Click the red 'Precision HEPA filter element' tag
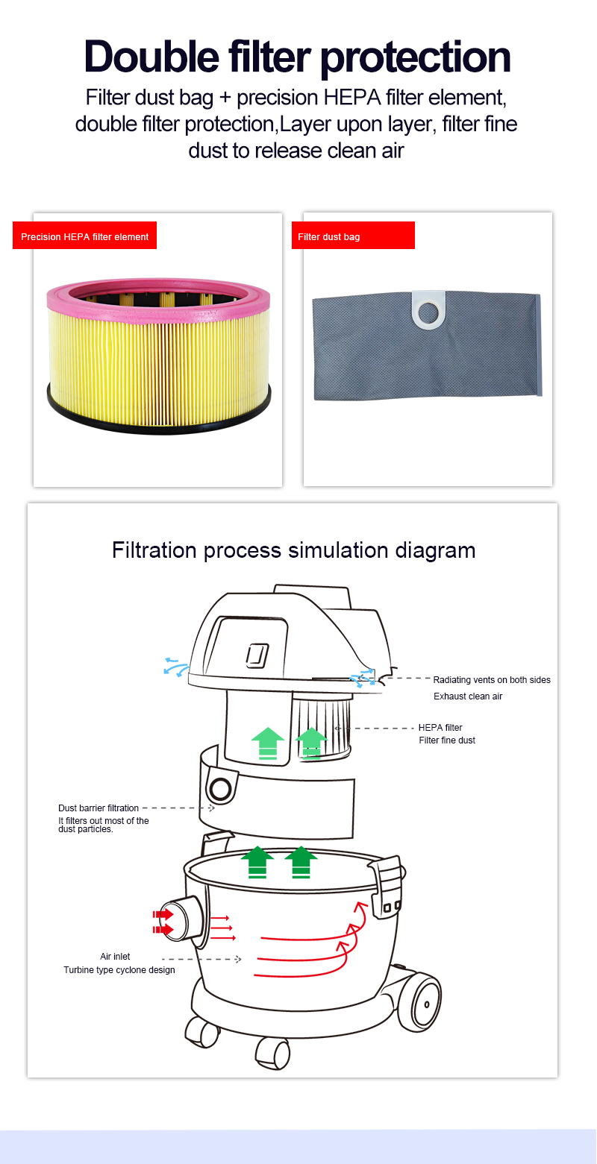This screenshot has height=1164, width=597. [x=85, y=236]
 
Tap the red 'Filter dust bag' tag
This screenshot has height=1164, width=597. [x=353, y=236]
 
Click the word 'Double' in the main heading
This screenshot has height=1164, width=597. [x=151, y=57]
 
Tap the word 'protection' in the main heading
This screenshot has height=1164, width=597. [x=416, y=58]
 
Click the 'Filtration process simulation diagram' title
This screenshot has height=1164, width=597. [x=294, y=550]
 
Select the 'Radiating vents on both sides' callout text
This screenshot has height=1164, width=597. [x=492, y=680]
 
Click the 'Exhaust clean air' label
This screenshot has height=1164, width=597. [x=468, y=696]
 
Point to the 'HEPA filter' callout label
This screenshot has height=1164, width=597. [x=440, y=728]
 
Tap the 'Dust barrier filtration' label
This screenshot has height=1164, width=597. [x=99, y=808]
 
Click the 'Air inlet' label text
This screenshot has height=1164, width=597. [x=115, y=956]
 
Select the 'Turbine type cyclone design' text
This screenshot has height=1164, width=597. [x=119, y=969]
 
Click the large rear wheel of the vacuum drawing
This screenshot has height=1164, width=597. [x=420, y=1003]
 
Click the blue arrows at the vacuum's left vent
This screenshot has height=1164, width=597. [x=176, y=666]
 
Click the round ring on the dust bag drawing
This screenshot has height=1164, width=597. [x=220, y=789]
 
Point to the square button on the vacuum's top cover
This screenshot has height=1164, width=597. [x=257, y=655]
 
